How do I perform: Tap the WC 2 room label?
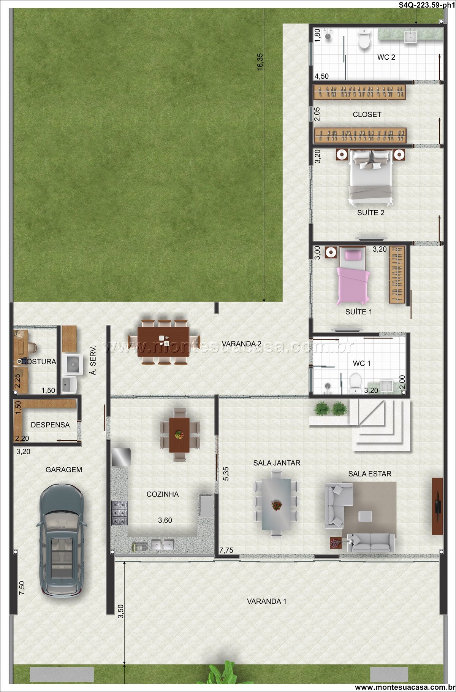[x=386, y=57]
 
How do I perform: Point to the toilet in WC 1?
[x=355, y=382]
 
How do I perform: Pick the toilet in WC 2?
[x=364, y=40]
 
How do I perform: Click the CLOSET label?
[x=367, y=114]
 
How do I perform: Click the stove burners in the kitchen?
[x=119, y=513]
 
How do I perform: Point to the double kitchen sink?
[x=163, y=545]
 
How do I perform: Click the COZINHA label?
[x=163, y=494]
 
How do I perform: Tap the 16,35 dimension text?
[x=260, y=61]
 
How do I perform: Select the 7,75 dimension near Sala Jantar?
[x=226, y=550]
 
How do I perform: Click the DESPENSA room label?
[x=50, y=425]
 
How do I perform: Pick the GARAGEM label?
[x=64, y=470]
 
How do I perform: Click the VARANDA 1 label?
[x=267, y=601]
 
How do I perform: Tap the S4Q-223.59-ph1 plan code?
[x=426, y=5]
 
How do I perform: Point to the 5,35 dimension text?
[x=226, y=474]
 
